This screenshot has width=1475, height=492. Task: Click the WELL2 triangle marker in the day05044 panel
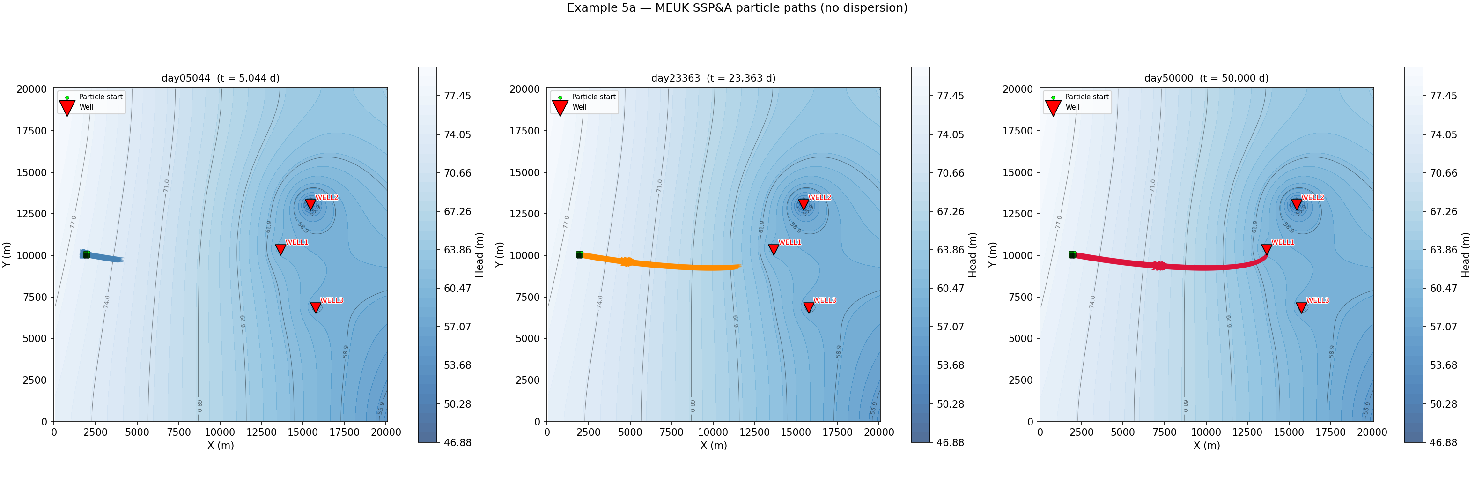[x=310, y=204]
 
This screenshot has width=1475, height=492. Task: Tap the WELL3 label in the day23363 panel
[x=825, y=301]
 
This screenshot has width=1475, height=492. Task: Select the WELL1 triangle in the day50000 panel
[x=1267, y=250]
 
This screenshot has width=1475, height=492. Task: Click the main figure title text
[x=737, y=8]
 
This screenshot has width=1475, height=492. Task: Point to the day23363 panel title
[x=713, y=78]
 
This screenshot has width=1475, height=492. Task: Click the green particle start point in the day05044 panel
[x=87, y=254]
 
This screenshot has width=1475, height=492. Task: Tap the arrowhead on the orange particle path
[x=627, y=262]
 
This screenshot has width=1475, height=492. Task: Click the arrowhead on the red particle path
[x=1160, y=266]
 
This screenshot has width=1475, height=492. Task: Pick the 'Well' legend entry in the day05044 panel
[x=86, y=107]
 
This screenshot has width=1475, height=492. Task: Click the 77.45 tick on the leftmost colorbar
[x=457, y=96]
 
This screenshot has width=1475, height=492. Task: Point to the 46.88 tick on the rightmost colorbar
[x=1443, y=442]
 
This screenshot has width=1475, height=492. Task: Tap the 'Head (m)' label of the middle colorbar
[x=972, y=255]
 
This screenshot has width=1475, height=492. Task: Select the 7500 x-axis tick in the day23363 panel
[x=671, y=432]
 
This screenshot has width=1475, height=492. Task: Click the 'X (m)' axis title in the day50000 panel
[x=1206, y=445]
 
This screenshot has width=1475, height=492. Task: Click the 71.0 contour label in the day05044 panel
[x=167, y=186]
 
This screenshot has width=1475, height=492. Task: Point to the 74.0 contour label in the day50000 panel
[x=1092, y=302]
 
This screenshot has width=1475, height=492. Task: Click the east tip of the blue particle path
[x=123, y=260]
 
